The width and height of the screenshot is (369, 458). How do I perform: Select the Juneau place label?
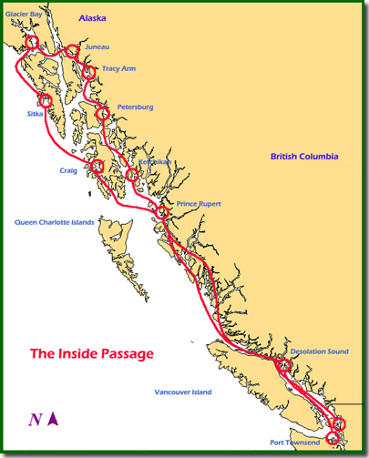tap(97, 46)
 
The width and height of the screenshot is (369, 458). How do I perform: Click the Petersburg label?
tap(135, 107)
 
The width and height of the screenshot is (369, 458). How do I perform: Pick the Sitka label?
tap(35, 114)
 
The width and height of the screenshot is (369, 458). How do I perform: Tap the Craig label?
tap(68, 170)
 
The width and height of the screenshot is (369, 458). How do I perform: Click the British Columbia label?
tap(310, 157)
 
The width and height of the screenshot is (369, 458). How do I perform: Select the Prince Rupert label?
tap(200, 204)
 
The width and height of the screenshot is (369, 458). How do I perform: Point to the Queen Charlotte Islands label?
tap(55, 221)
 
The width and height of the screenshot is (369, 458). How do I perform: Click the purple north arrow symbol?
tap(54, 419)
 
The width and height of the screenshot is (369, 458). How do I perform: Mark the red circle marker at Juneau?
tap(72, 51)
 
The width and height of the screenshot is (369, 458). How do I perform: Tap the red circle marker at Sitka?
tap(44, 100)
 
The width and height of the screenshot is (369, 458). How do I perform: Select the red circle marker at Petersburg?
tap(103, 114)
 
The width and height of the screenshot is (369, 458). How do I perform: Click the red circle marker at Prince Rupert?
tap(163, 212)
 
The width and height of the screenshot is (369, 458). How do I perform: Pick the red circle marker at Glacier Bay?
tap(33, 42)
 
